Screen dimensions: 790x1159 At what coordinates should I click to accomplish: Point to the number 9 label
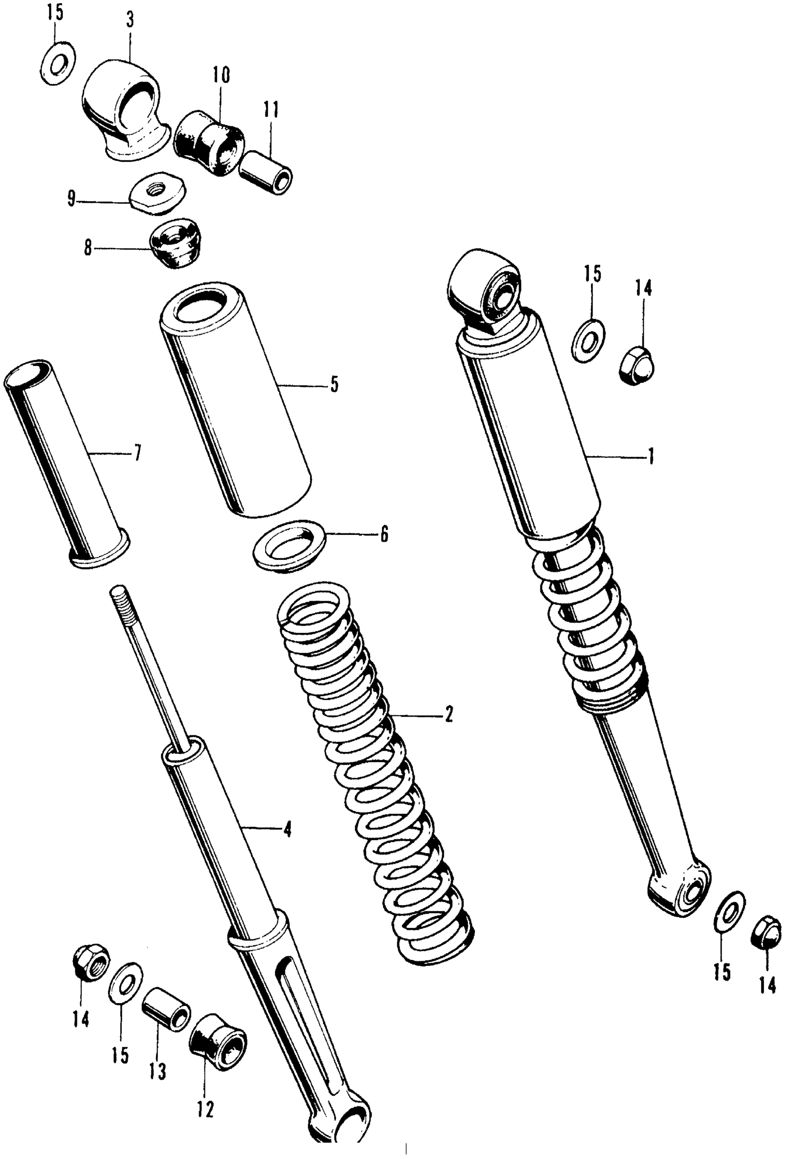point(72,200)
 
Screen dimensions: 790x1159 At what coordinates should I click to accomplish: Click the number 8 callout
point(88,248)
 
